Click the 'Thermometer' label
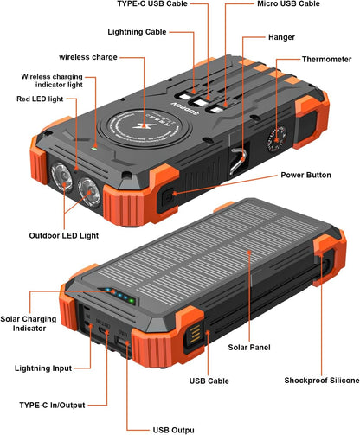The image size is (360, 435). coord(327,59)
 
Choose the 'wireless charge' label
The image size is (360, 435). coord(89,57)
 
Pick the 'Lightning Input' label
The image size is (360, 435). coord(44,368)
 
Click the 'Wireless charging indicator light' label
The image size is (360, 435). coord(53,81)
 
